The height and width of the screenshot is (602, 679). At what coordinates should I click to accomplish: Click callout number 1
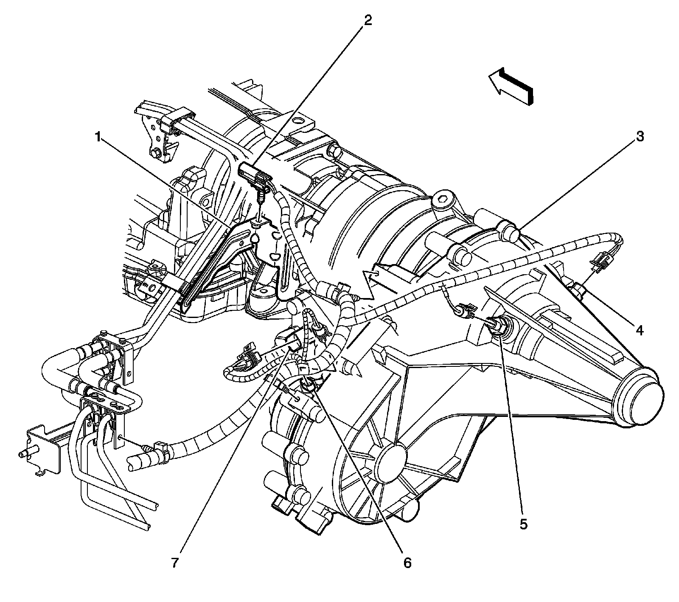pos(98,137)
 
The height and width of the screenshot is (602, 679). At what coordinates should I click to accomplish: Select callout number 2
pos(368,20)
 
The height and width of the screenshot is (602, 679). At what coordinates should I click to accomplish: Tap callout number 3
pos(640,137)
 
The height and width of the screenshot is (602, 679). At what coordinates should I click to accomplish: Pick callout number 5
pos(523,524)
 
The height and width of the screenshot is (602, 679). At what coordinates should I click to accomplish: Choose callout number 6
pos(407,563)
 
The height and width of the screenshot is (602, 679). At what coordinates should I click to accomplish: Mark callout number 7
pos(175,563)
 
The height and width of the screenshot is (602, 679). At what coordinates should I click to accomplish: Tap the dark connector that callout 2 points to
pos(253,175)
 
